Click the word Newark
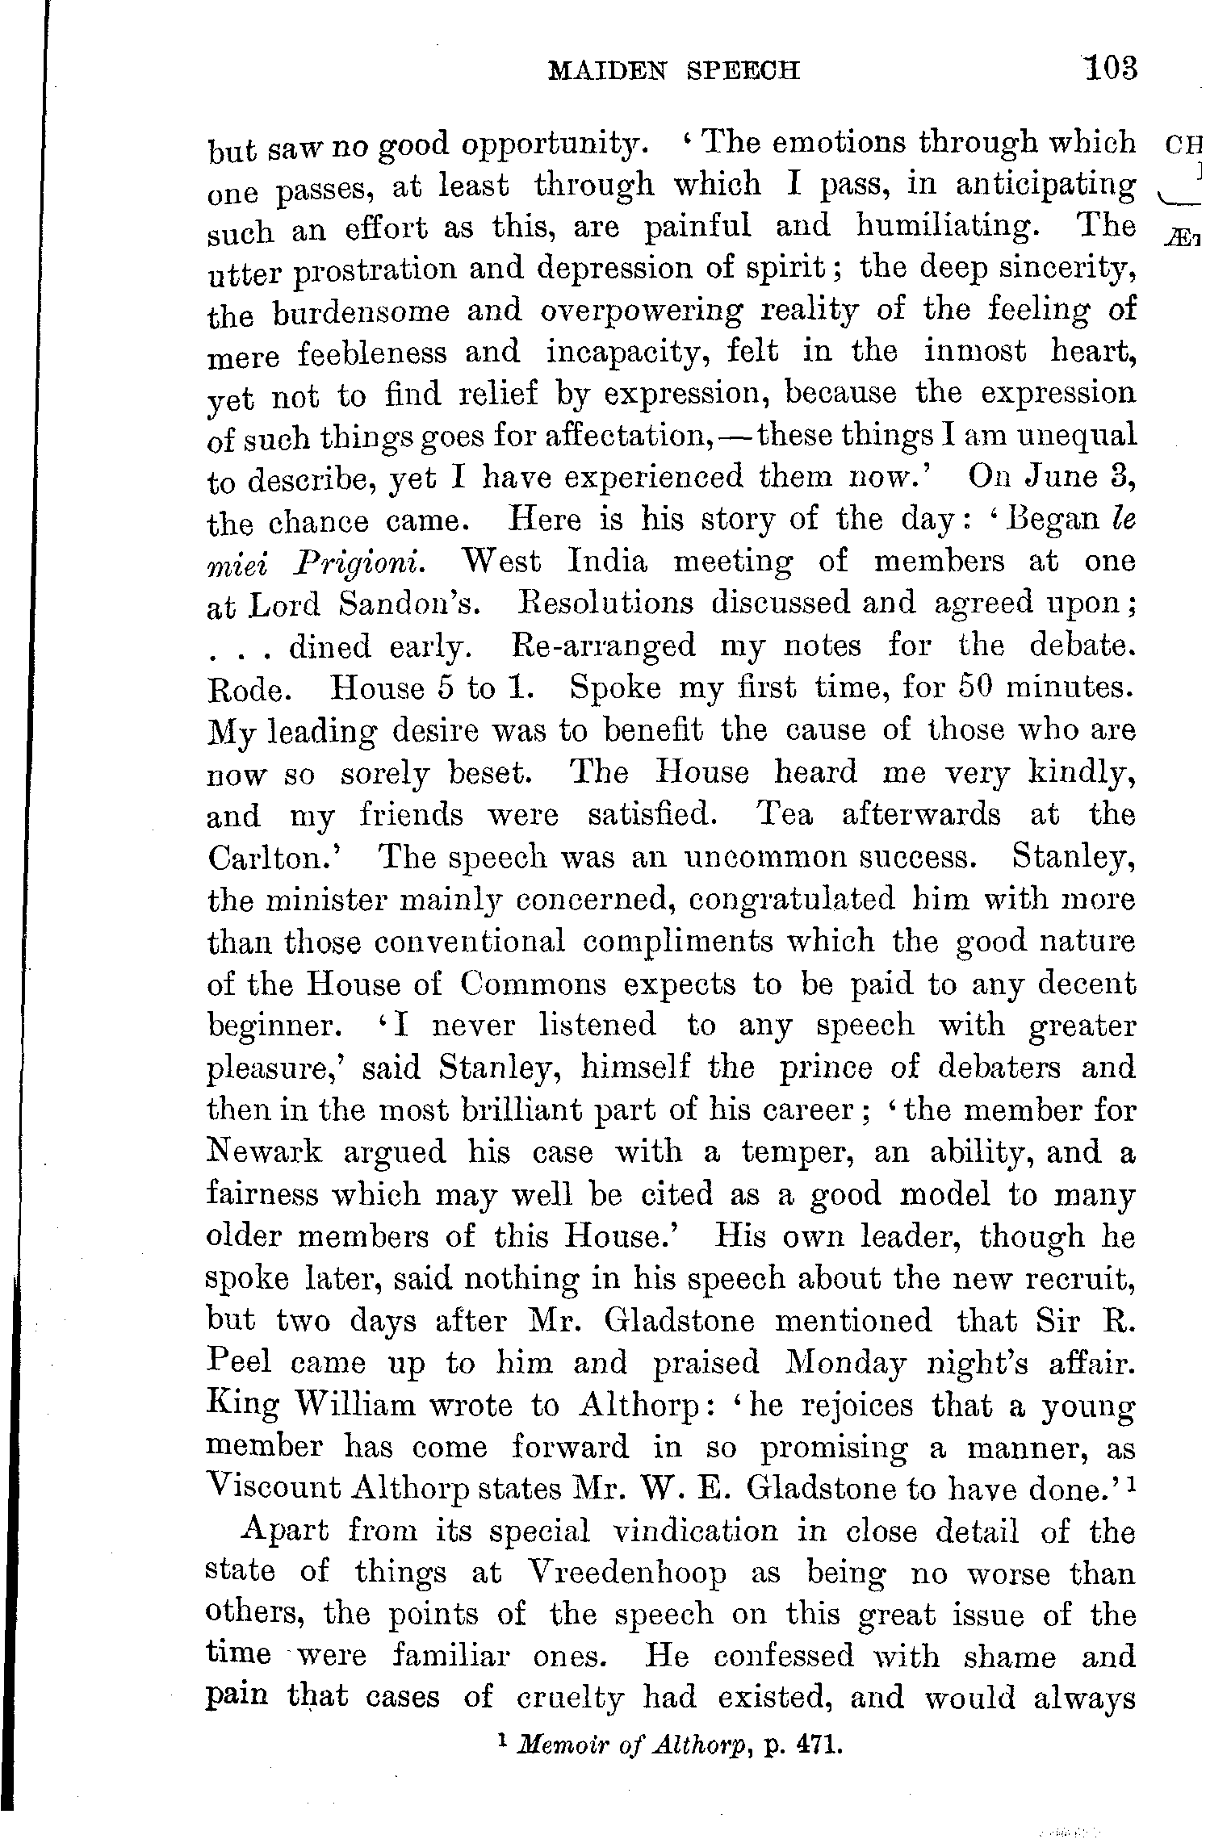tap(265, 1151)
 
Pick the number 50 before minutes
tap(976, 688)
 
